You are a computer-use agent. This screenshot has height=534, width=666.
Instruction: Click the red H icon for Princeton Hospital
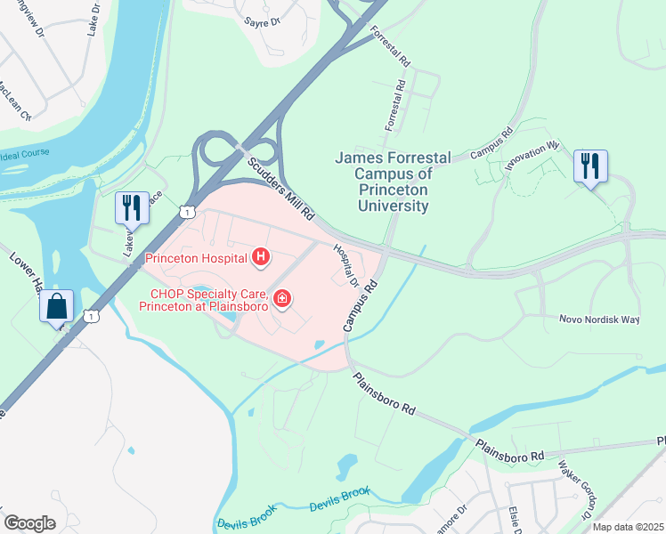coord(261,258)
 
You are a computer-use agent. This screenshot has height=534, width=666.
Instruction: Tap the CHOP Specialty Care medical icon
coord(282,298)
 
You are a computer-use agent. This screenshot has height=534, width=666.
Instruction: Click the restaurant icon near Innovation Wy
coord(590,166)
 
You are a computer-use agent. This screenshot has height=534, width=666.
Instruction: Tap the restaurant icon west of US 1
coord(131,207)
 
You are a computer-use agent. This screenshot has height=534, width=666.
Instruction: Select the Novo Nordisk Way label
coord(598,320)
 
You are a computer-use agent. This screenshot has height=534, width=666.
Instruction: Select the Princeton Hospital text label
coord(195,259)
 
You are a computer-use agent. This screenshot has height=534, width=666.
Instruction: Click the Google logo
coord(29,523)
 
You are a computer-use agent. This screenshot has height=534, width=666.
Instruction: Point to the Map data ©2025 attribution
coord(628,527)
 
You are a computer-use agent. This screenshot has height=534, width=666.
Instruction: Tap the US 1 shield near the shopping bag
coord(90,316)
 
